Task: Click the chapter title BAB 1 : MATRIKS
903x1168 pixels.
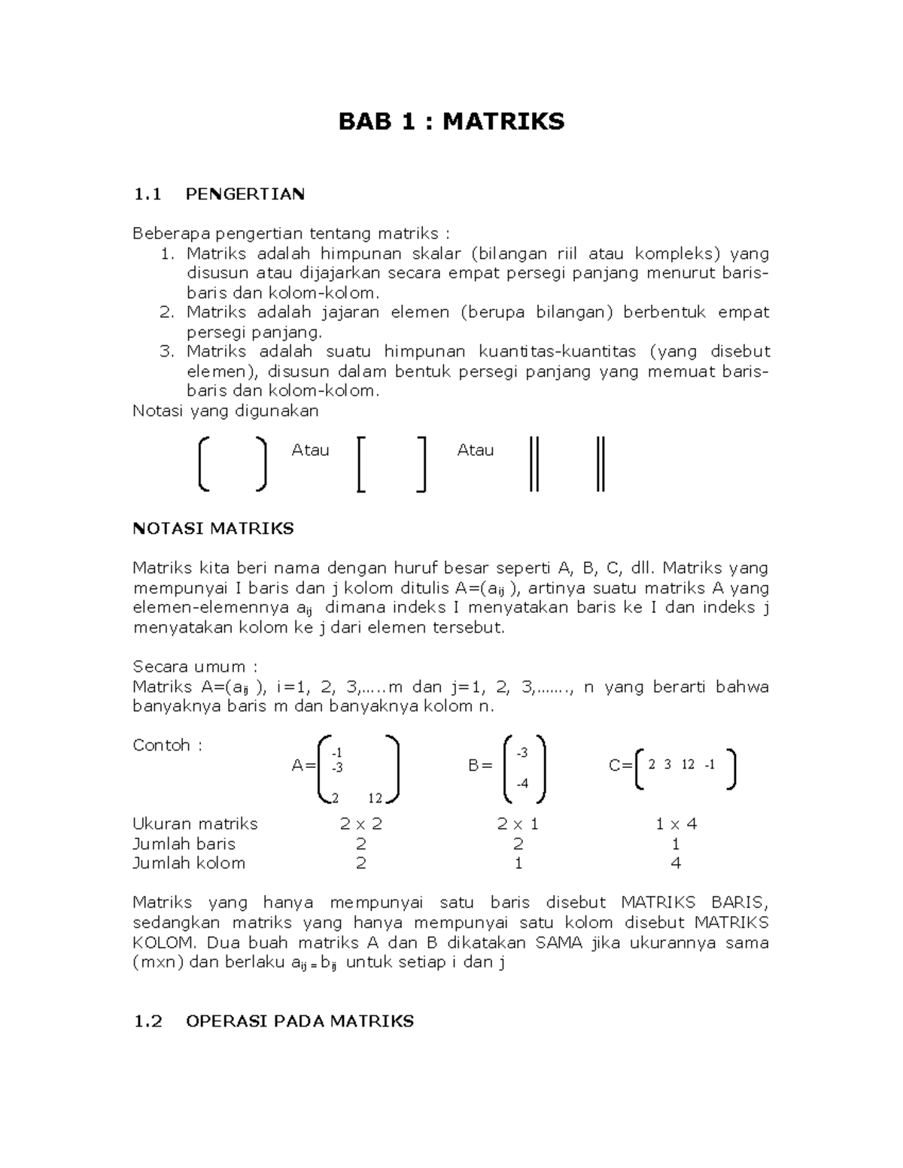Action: pos(451,121)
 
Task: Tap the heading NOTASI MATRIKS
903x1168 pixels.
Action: pos(213,529)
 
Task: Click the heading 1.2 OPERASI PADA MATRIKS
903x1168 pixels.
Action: pos(273,1021)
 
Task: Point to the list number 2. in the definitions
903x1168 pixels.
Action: pos(166,312)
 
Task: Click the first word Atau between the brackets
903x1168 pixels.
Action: pos(310,450)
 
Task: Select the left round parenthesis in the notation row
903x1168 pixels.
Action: pos(203,465)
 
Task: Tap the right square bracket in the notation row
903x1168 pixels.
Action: pos(421,465)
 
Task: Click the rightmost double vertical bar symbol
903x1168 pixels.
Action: pos(600,465)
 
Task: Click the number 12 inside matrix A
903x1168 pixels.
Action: pos(375,798)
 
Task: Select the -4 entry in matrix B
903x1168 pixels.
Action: pos(521,784)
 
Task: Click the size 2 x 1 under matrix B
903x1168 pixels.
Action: pos(517,824)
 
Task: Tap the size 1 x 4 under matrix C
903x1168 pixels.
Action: pos(676,824)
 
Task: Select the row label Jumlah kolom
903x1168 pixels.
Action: pos(189,863)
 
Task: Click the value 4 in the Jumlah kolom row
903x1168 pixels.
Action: pos(676,863)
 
